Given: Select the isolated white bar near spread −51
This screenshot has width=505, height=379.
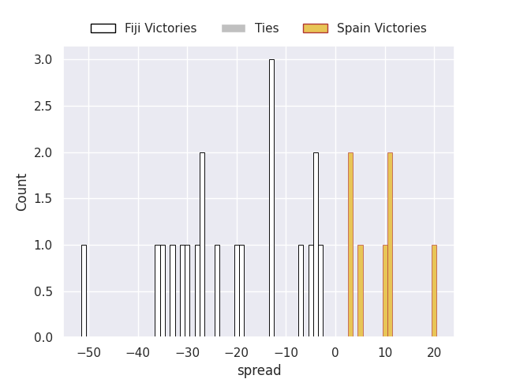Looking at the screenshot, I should [84, 291].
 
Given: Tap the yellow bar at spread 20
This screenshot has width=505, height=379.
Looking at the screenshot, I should [434, 291].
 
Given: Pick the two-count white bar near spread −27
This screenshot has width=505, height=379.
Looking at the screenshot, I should [202, 245].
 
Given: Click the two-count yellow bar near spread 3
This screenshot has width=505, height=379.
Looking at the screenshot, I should [350, 245].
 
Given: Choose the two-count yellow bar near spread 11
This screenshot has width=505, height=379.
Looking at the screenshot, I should [390, 245].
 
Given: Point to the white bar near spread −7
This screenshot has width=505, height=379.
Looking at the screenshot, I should [301, 291].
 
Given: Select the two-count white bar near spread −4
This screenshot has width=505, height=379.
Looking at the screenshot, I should [316, 245].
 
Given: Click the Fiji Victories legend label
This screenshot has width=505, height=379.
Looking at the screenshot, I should [160, 28].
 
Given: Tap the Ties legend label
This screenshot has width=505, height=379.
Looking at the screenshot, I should [267, 28].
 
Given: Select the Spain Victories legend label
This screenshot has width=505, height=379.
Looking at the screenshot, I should [381, 28].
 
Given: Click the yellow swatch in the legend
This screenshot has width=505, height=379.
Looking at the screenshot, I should [315, 28].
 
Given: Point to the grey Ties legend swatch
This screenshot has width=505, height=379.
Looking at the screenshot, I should [234, 28].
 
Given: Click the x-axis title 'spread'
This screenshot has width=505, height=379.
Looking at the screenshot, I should [259, 370].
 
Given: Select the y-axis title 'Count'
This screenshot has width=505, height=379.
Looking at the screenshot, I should [22, 192].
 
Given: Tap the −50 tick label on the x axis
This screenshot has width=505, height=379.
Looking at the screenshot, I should [88, 352].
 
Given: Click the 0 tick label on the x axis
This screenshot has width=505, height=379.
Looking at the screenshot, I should [335, 352].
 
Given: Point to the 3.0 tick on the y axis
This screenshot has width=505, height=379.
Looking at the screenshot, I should [43, 60].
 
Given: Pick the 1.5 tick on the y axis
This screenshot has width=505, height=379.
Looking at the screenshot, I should [43, 199].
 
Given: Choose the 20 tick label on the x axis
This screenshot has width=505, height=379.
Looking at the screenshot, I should [434, 352].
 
